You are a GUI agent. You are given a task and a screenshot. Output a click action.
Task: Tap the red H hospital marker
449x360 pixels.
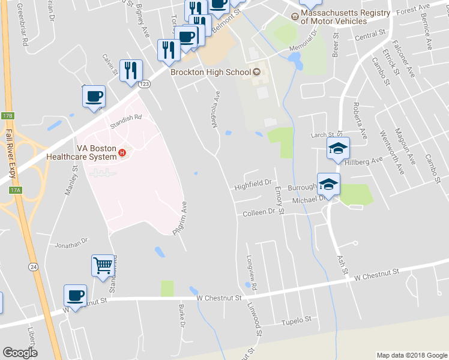tap(122, 152)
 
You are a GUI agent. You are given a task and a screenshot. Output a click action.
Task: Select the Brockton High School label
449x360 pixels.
tap(210, 72)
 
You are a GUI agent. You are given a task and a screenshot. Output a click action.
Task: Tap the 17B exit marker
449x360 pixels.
tap(7, 115)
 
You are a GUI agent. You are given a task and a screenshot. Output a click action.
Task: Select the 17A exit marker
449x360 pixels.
tap(15, 190)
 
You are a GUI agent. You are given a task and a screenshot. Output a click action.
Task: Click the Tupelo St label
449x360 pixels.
tap(297, 320)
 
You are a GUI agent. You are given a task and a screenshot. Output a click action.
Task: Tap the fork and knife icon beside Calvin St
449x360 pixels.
tap(130, 70)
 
